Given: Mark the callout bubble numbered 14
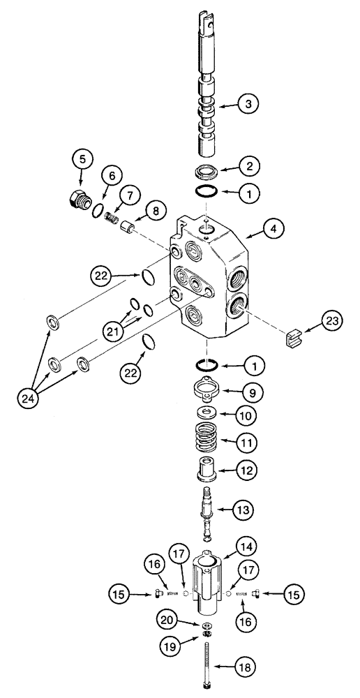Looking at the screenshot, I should point(248,547).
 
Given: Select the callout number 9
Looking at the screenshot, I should point(253,393).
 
